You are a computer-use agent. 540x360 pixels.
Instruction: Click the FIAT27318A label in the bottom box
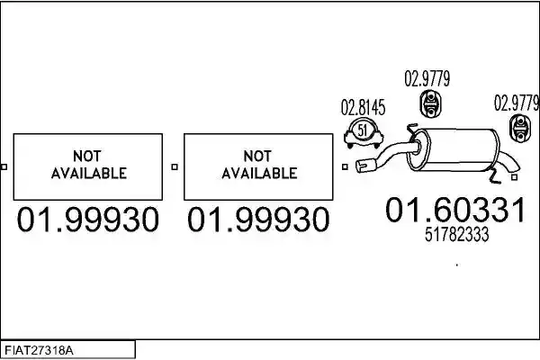[39, 351]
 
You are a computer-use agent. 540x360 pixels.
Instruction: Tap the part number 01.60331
[455, 210]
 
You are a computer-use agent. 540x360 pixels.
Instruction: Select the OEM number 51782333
[456, 235]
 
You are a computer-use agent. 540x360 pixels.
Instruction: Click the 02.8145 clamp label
[363, 107]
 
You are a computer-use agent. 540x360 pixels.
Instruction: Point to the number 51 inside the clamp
[363, 130]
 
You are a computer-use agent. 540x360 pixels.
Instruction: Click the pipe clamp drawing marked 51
[364, 134]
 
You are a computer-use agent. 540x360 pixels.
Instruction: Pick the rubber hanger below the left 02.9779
[430, 103]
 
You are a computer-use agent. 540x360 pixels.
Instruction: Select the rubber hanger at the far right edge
[519, 129]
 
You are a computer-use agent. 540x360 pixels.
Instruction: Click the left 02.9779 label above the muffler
[427, 79]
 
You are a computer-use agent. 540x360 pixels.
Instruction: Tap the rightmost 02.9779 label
[517, 103]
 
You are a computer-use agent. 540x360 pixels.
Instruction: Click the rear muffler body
[454, 150]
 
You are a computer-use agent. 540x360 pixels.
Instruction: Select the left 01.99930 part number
[88, 220]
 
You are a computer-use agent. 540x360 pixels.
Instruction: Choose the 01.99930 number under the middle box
[258, 220]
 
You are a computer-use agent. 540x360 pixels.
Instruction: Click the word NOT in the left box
[87, 157]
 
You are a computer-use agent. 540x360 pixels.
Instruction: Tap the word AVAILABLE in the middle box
[259, 173]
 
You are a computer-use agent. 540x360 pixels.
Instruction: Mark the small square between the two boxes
[175, 167]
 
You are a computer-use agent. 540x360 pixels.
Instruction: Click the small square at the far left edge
[4, 167]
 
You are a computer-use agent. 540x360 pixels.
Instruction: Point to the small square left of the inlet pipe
[345, 167]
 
